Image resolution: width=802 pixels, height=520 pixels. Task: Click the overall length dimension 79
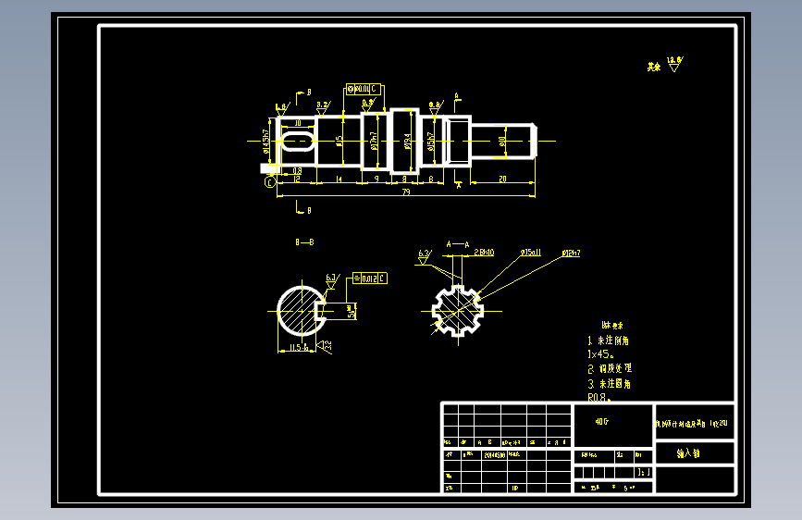406,192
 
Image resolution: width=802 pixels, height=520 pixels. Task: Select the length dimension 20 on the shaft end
501,178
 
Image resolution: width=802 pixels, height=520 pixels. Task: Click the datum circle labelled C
270,183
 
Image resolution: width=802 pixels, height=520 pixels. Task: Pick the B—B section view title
304,242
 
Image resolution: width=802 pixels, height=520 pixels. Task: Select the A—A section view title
457,243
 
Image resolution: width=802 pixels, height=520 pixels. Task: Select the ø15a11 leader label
531,252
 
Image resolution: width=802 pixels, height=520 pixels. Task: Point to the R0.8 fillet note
600,398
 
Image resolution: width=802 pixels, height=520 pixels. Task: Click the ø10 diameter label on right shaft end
502,141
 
